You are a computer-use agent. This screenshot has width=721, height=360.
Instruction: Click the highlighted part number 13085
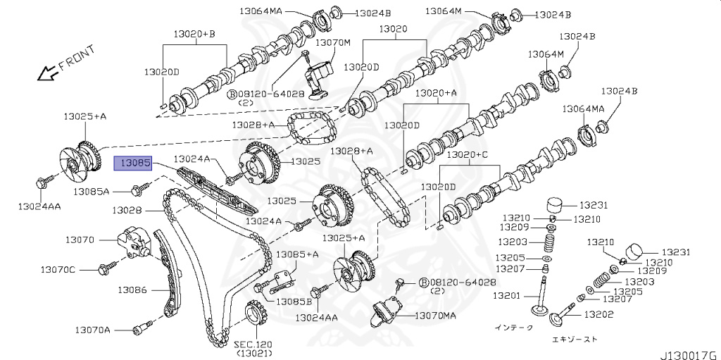tap(133, 163)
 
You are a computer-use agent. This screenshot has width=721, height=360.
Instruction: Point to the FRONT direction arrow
tap(49, 71)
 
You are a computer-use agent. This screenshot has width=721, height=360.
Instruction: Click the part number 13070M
tap(332, 42)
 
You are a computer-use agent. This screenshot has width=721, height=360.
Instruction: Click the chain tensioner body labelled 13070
tap(133, 243)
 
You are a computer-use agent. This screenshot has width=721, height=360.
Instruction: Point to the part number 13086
tap(132, 289)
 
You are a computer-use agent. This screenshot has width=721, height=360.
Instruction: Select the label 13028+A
tap(351, 151)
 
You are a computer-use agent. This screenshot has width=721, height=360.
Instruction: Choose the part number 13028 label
tap(127, 210)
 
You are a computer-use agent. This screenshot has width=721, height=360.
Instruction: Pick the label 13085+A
tap(297, 254)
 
